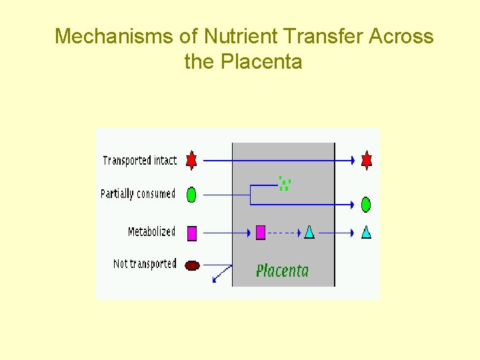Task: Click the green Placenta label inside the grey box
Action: pos(282,270)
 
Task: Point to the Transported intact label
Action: pos(140,161)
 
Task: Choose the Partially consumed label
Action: pos(137,194)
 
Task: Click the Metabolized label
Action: pos(151,232)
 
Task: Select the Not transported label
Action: pos(145,264)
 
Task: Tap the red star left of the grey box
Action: pos(191,160)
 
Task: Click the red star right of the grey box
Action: pos(366,160)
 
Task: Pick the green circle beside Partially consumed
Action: pos(191,195)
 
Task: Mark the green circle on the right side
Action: pos(366,205)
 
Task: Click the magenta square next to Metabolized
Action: pos(192,233)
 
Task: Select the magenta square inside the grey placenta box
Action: pos(261,232)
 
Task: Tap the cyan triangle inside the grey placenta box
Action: pos(309,232)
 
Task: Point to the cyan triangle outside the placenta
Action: pos(366,232)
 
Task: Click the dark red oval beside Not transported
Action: pos(192,265)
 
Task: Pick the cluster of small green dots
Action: pos(285,183)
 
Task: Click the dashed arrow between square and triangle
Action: pos(284,233)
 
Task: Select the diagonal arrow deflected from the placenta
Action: pos(221,273)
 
